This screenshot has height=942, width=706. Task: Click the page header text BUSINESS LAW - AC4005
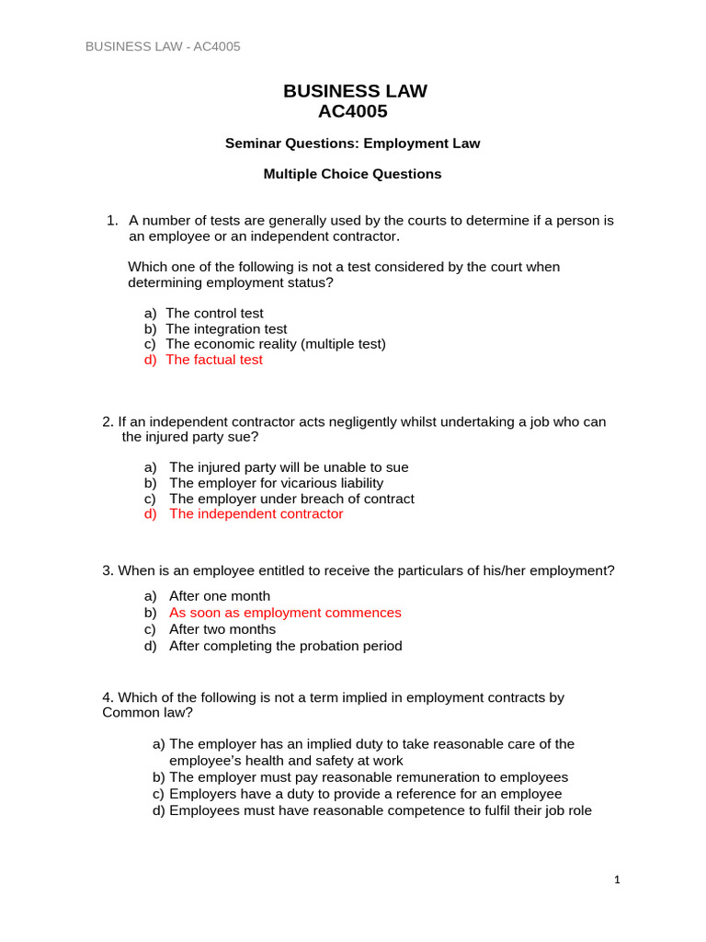pyautogui.click(x=163, y=47)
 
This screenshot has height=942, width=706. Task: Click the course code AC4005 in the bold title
pyautogui.click(x=353, y=112)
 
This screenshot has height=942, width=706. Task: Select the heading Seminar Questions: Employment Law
pyautogui.click(x=353, y=144)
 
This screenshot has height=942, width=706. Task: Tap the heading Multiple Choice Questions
pyautogui.click(x=353, y=174)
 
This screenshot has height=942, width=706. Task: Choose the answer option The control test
pyautogui.click(x=214, y=314)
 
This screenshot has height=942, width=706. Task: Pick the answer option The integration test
pyautogui.click(x=226, y=328)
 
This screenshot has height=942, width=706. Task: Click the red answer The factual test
pyautogui.click(x=214, y=360)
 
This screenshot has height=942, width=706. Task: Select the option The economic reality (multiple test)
pyautogui.click(x=276, y=344)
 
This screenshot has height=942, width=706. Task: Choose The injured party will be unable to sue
pyautogui.click(x=289, y=467)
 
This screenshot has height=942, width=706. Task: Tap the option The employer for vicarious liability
pyautogui.click(x=276, y=483)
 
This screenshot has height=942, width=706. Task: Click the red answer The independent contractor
pyautogui.click(x=256, y=514)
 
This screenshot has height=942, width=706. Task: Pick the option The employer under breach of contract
pyautogui.click(x=291, y=499)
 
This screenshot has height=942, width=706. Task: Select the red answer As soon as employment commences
pyautogui.click(x=285, y=613)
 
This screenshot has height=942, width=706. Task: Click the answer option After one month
pyautogui.click(x=220, y=596)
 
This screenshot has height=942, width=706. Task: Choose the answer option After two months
pyautogui.click(x=222, y=629)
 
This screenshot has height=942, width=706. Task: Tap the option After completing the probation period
pyautogui.click(x=285, y=646)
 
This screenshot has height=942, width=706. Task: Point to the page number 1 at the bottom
pyautogui.click(x=618, y=880)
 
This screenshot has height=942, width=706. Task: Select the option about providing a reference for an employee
pyautogui.click(x=365, y=794)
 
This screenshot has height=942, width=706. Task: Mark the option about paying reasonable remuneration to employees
pyautogui.click(x=369, y=777)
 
